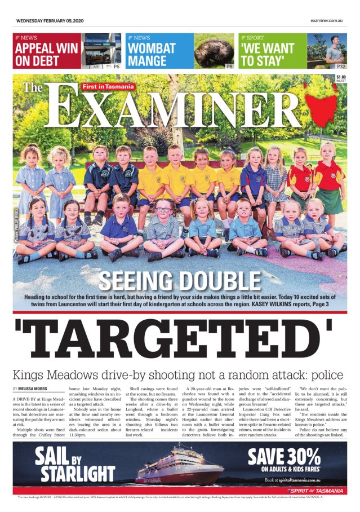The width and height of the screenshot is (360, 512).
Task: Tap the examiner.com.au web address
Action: [326, 20]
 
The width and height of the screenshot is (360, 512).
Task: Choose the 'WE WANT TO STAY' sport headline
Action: [268, 55]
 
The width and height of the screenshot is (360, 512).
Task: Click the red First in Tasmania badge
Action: [108, 86]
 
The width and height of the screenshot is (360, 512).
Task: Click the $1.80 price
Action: [341, 77]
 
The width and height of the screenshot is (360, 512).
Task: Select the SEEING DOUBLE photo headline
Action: [180, 280]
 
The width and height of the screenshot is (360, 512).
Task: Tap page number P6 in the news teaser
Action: [117, 66]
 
